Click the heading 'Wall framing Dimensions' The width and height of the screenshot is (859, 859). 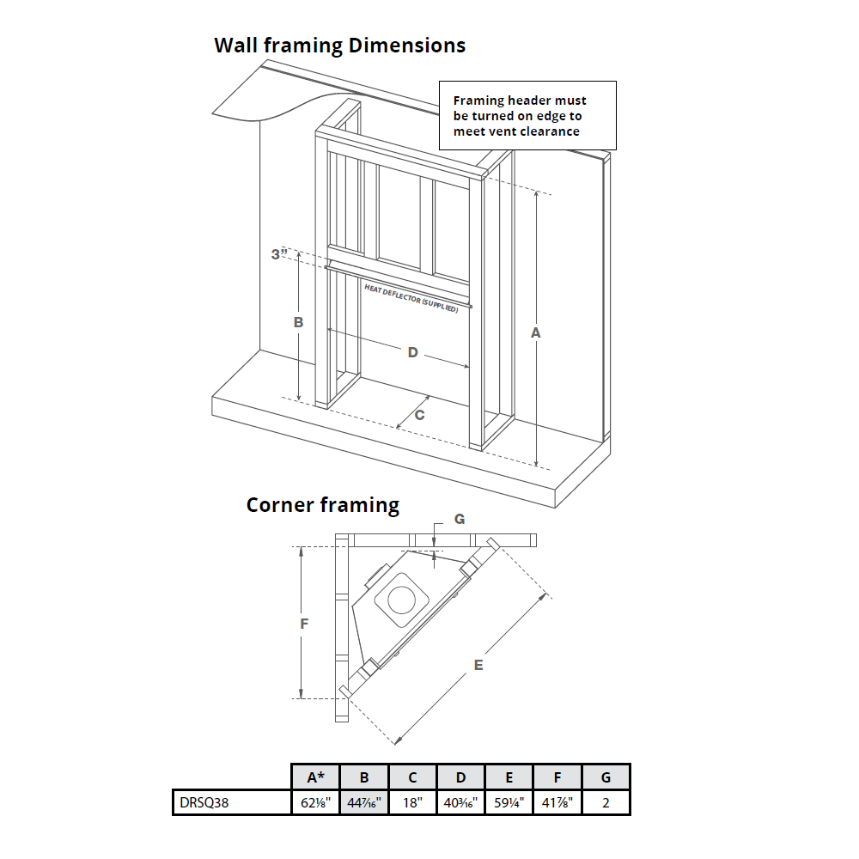click(x=339, y=46)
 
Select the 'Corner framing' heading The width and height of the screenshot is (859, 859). click(x=322, y=504)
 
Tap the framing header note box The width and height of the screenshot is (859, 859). click(x=527, y=115)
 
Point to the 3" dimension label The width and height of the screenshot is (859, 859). click(x=277, y=254)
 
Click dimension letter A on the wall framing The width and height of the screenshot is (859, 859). click(x=537, y=332)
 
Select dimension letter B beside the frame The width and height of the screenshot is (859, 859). click(x=298, y=323)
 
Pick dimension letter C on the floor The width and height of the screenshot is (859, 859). click(x=419, y=414)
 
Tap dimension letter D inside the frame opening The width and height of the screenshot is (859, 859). click(x=412, y=352)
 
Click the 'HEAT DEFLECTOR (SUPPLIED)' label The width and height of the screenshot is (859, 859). click(x=411, y=297)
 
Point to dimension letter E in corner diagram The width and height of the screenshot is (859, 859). click(x=478, y=664)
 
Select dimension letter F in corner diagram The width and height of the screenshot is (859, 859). click(x=304, y=624)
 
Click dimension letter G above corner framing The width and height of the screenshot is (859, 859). click(x=460, y=519)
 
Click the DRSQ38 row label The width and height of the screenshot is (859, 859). click(x=204, y=802)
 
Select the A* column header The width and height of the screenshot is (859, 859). click(x=316, y=777)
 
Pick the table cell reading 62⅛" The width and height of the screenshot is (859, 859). click(x=316, y=802)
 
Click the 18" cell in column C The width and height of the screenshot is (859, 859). click(x=412, y=802)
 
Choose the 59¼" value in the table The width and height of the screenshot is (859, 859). click(x=509, y=802)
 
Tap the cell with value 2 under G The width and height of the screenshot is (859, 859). click(x=606, y=802)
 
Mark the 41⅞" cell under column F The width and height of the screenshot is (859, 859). click(x=557, y=802)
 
